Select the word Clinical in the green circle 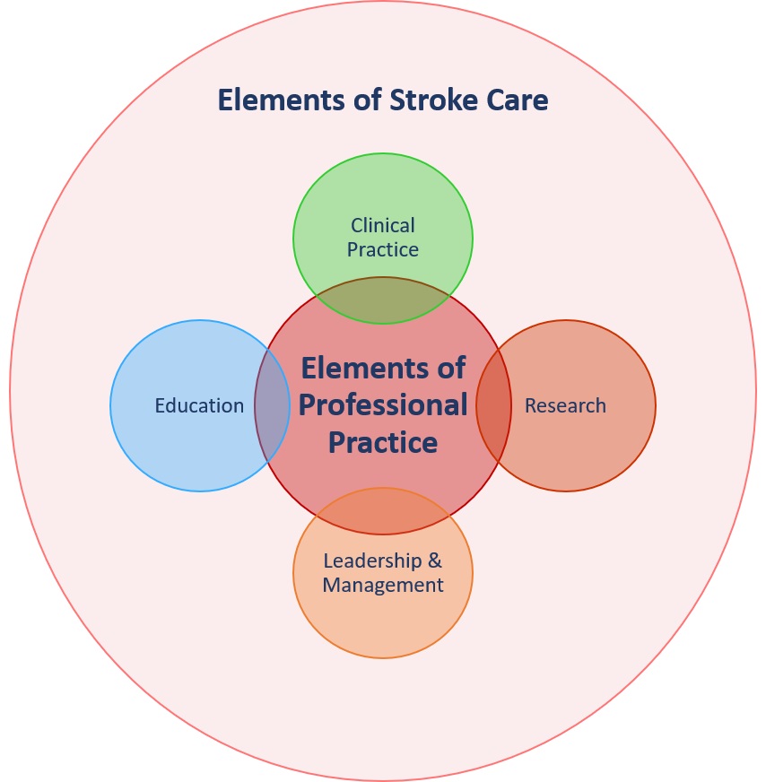pos(383,225)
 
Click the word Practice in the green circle pos(383,249)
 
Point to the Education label pos(199,405)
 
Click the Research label pos(565,405)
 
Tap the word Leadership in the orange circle pos(371,561)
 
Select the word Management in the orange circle pos(383,586)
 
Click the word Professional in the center pos(383,404)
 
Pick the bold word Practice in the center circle pos(383,442)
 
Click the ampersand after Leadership pos(435,561)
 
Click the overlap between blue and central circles pos(272,405)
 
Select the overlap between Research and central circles pos(493,405)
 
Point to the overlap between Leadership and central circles pos(383,511)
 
